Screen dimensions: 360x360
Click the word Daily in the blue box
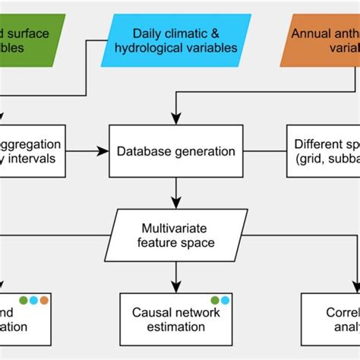point(147,33)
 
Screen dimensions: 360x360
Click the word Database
point(142,151)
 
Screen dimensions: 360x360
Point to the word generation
point(203,151)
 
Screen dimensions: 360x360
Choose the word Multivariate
point(176,228)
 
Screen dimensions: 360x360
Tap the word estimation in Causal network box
point(176,327)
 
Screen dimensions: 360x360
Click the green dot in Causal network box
point(215,300)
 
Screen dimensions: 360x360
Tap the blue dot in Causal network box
point(226,300)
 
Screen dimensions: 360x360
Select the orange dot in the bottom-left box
point(44,300)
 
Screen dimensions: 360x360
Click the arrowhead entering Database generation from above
point(176,120)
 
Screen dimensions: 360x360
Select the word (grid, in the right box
point(313,159)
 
